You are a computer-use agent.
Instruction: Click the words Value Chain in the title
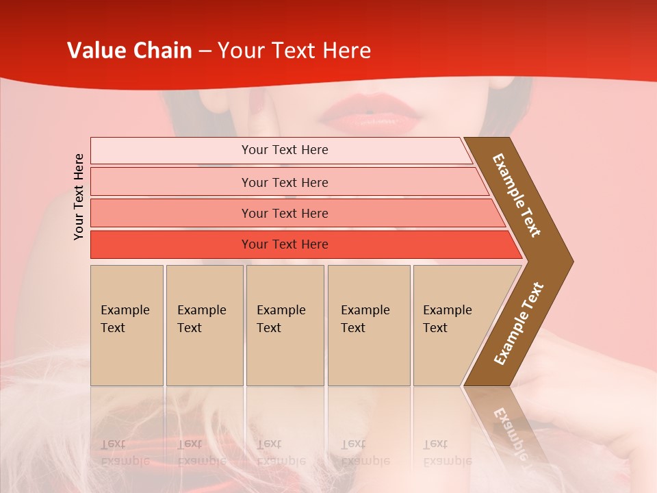129,51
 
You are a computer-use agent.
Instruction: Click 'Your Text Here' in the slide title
294,51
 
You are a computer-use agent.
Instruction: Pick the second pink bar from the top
284,182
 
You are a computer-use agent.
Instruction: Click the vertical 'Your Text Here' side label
79,197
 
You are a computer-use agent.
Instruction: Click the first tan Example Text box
127,325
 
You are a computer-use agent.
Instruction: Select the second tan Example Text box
204,325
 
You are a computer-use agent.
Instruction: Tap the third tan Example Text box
285,325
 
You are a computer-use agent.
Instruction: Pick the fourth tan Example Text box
368,325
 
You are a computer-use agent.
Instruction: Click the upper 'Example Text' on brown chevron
517,195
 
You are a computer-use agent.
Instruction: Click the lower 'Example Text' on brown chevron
519,323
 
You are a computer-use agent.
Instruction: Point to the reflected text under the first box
125,452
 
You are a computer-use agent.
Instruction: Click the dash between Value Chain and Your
205,51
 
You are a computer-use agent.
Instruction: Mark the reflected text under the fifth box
446,452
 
